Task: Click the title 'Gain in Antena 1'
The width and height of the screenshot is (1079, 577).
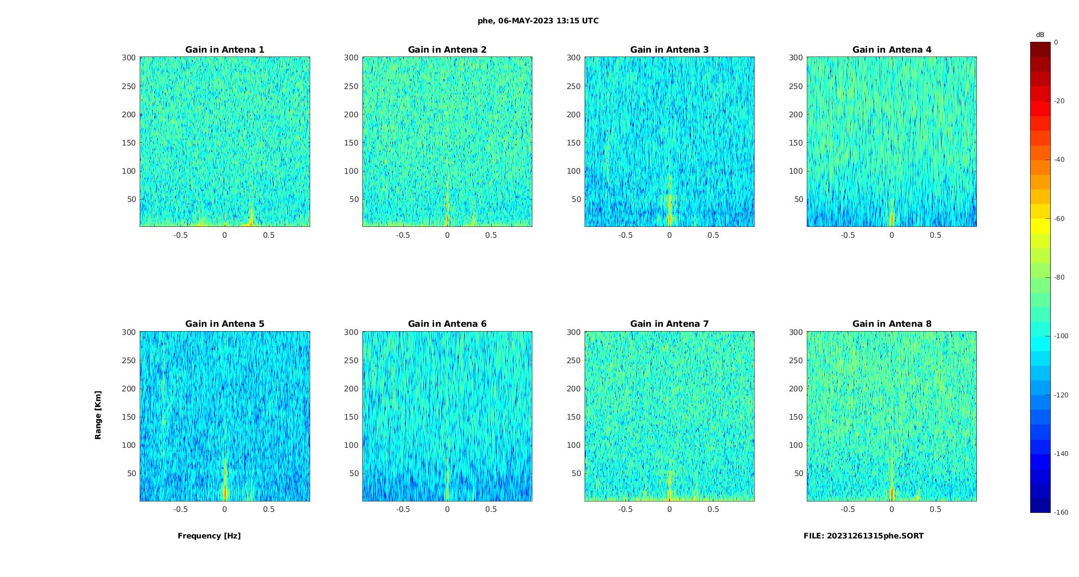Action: pyautogui.click(x=224, y=50)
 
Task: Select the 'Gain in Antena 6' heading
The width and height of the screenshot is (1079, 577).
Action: pyautogui.click(x=447, y=324)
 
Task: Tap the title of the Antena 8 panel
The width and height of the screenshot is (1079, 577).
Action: pyautogui.click(x=892, y=324)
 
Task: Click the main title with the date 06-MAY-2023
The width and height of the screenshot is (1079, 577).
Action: pyautogui.click(x=538, y=21)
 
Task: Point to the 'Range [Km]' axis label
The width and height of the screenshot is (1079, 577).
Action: pyautogui.click(x=98, y=415)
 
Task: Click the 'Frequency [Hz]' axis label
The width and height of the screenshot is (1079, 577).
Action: pyautogui.click(x=209, y=536)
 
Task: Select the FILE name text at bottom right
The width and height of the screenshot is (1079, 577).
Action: pyautogui.click(x=863, y=536)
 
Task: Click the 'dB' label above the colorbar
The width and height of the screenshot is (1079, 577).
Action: pyautogui.click(x=1040, y=35)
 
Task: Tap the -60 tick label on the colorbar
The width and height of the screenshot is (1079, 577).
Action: pyautogui.click(x=1059, y=219)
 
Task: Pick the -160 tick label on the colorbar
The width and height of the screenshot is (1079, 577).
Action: pyautogui.click(x=1061, y=512)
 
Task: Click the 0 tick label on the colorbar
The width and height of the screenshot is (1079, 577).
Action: pyautogui.click(x=1056, y=42)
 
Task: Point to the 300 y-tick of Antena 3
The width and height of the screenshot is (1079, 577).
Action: pyautogui.click(x=574, y=58)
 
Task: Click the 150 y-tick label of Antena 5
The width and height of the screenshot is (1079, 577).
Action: pyautogui.click(x=129, y=417)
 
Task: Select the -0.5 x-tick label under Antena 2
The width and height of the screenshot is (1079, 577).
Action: pyautogui.click(x=403, y=235)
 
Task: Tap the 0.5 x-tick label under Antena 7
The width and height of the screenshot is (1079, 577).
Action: pyautogui.click(x=713, y=509)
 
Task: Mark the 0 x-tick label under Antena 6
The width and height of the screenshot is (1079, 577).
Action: pyautogui.click(x=447, y=509)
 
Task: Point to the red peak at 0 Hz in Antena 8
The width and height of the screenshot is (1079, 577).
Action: pyautogui.click(x=892, y=493)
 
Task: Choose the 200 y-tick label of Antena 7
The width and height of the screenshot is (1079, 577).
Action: pyautogui.click(x=574, y=389)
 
